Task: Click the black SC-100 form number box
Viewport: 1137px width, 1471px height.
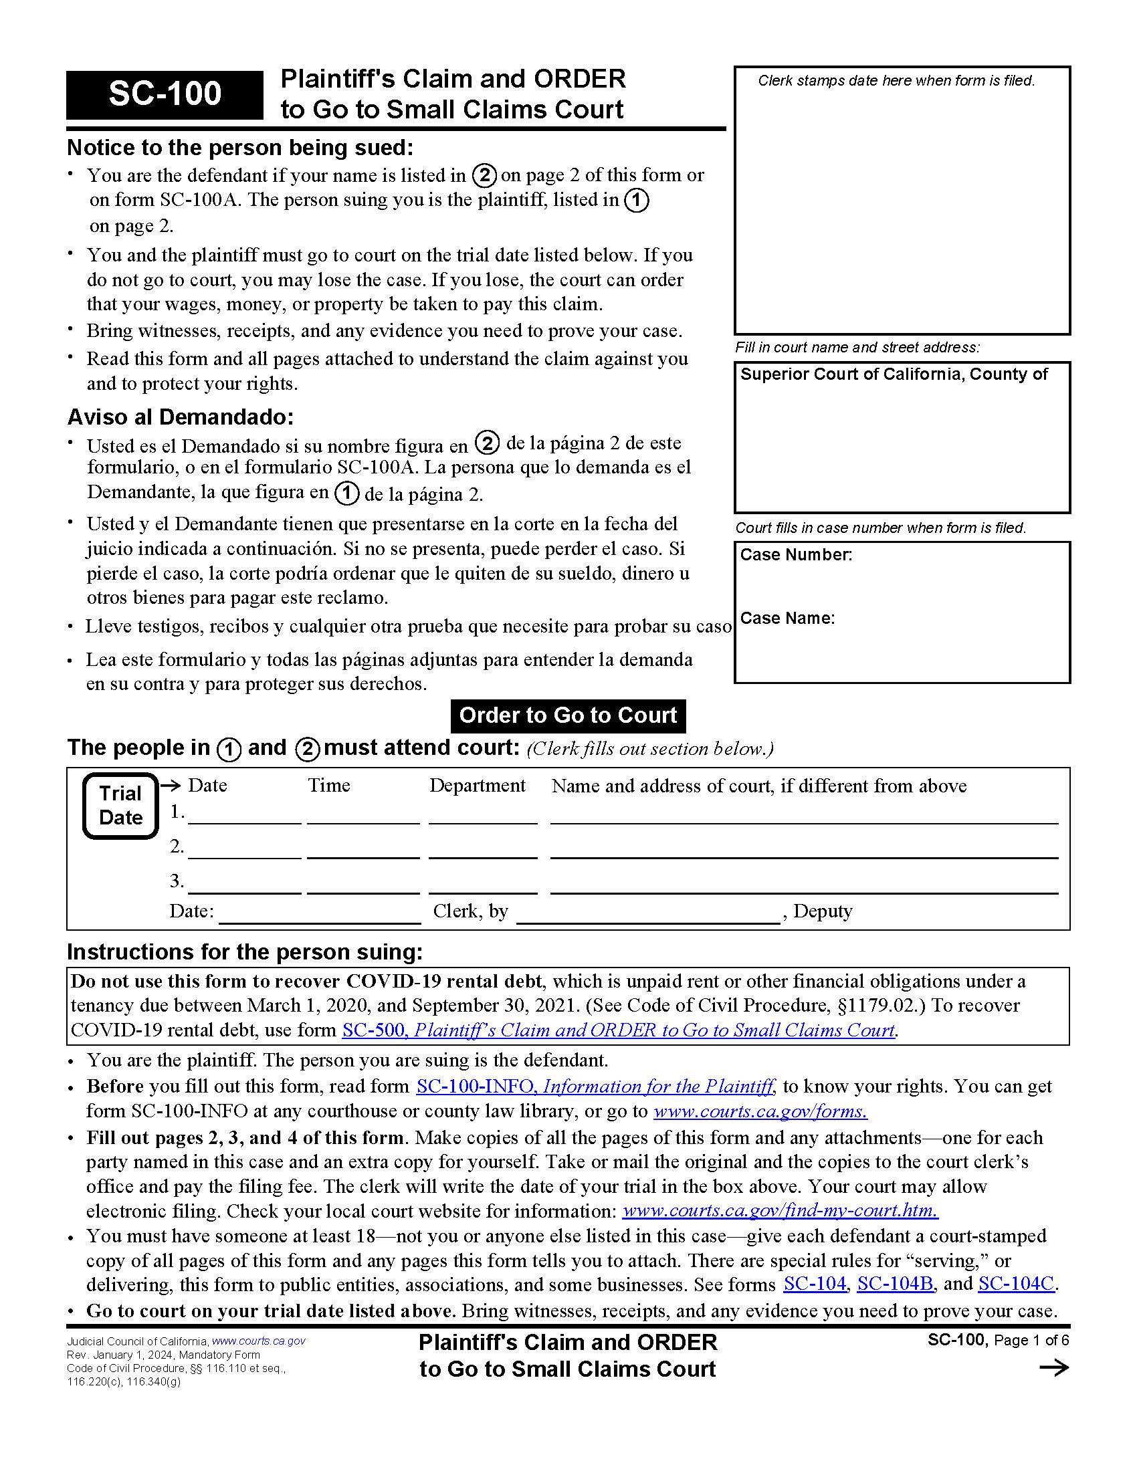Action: click(x=165, y=94)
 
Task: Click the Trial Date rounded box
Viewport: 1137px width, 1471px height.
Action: click(x=120, y=806)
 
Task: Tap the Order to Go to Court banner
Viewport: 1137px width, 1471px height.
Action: click(x=568, y=715)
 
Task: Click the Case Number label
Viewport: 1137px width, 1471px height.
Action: click(x=795, y=555)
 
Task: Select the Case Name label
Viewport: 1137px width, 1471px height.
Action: click(x=787, y=618)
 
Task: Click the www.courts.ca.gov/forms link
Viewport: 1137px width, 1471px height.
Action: click(x=760, y=1111)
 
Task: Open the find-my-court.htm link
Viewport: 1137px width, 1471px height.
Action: click(x=779, y=1211)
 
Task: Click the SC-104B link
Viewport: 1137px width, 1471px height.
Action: click(x=894, y=1284)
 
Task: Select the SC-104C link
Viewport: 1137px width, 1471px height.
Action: click(x=1016, y=1284)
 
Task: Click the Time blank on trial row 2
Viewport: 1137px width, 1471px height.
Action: click(x=363, y=851)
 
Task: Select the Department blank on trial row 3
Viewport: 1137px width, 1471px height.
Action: click(x=483, y=886)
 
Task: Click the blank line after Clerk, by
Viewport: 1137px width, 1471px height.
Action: click(x=647, y=915)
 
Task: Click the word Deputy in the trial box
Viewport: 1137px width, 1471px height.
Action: click(x=823, y=911)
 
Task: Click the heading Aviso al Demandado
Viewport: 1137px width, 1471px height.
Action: click(x=180, y=418)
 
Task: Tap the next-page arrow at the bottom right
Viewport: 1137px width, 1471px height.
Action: click(x=1053, y=1368)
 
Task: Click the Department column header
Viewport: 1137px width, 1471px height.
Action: click(x=477, y=786)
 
